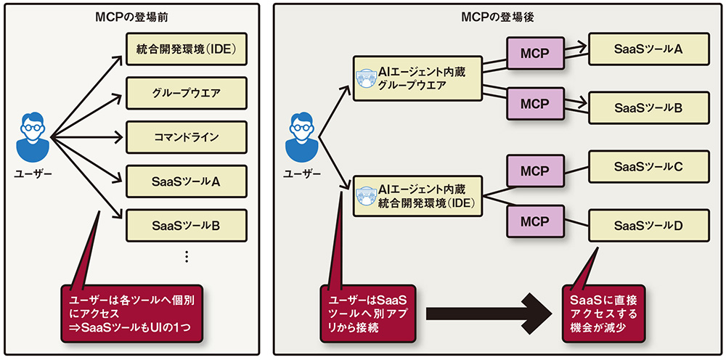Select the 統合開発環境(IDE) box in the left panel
(187, 50)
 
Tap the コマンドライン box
(187, 136)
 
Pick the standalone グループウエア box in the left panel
(187, 94)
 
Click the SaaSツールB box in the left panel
(187, 224)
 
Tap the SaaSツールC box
(648, 167)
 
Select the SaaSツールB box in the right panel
(648, 108)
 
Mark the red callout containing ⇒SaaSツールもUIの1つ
(131, 314)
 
